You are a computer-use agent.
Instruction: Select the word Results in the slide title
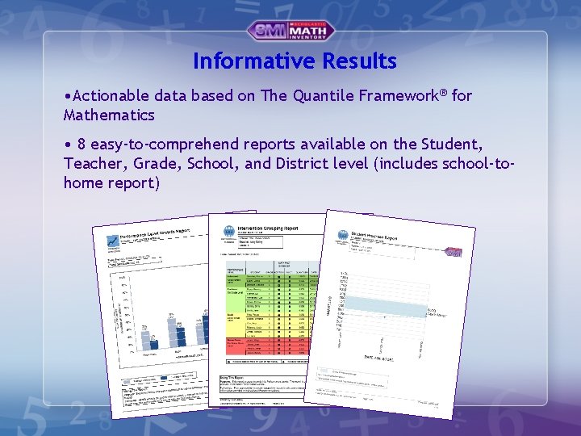359,61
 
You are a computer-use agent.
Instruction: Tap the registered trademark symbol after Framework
445,93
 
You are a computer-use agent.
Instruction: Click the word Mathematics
109,115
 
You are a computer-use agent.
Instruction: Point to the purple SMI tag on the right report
453,253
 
